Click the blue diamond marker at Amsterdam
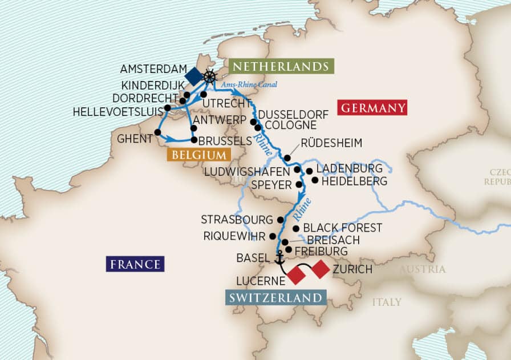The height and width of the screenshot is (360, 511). (193, 74)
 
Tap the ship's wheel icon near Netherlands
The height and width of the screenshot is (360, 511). (210, 76)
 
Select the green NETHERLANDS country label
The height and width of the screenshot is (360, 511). (281, 66)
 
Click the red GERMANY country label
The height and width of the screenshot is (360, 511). (372, 107)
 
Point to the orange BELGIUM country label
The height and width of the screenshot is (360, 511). (195, 155)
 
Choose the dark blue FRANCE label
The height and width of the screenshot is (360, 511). (135, 264)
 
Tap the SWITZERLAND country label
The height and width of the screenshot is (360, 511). (276, 298)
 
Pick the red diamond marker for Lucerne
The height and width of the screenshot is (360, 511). (297, 275)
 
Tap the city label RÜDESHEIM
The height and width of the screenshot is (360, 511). (331, 143)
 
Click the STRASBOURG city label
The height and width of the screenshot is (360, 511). (237, 220)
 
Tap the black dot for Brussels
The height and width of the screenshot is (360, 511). (194, 140)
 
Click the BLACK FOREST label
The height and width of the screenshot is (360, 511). (342, 228)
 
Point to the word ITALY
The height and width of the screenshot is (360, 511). (387, 302)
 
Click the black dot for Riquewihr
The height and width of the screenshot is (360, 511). (273, 236)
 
